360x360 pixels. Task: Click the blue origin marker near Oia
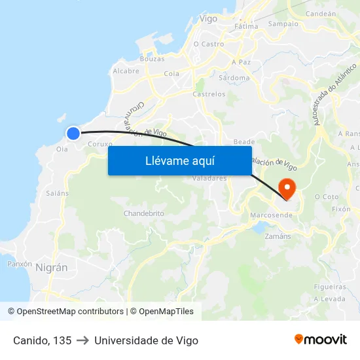[73, 134]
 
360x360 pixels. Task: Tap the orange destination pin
[287, 189]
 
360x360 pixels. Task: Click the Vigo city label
[208, 19]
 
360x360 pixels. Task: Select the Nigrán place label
[52, 267]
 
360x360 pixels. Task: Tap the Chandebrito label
[143, 213]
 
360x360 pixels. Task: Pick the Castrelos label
[209, 94]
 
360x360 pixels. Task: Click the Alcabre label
[126, 71]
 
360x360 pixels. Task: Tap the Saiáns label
[58, 193]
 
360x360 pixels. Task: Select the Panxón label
[19, 264]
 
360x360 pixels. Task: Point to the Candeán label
[321, 13]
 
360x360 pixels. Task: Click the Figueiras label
[330, 287]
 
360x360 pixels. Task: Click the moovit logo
[320, 339]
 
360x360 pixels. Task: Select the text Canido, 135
[42, 340]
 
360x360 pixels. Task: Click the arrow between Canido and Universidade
[82, 340]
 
